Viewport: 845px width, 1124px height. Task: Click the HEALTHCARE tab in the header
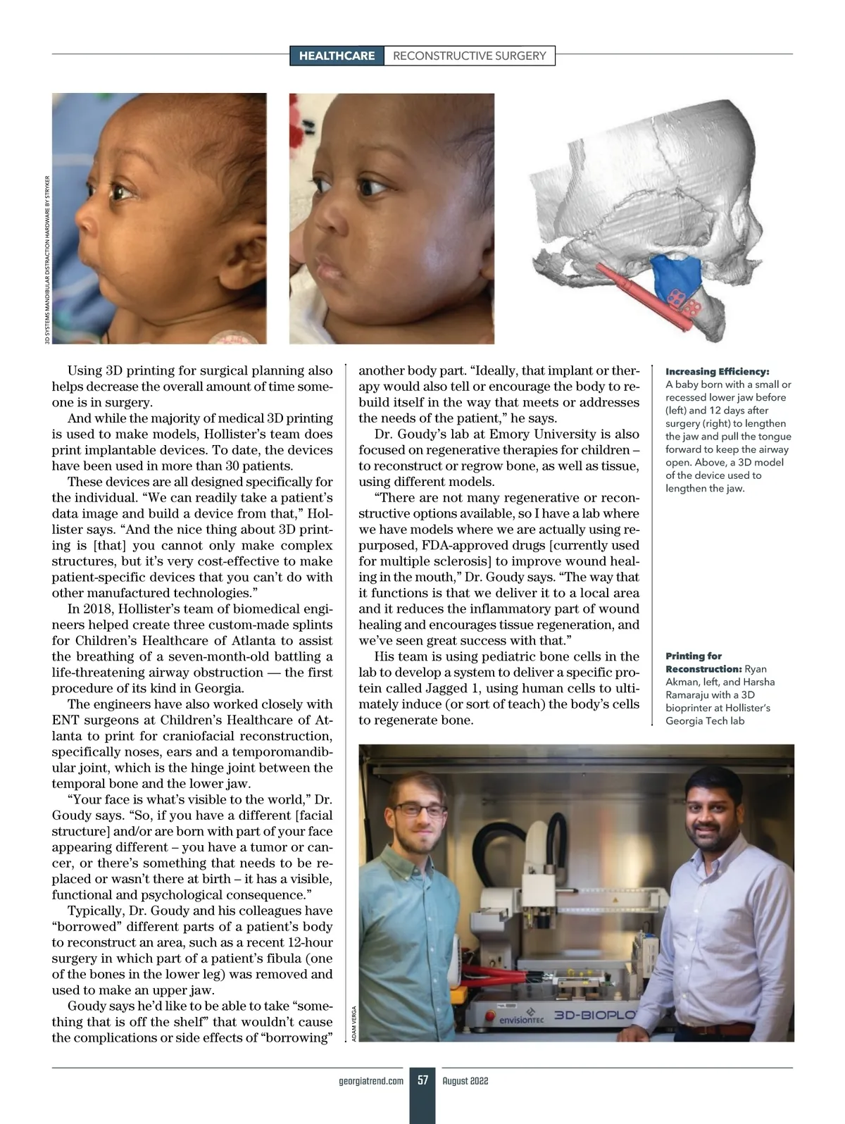coord(337,56)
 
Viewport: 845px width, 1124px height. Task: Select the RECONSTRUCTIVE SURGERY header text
coord(469,56)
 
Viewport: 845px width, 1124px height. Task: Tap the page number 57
coord(423,1080)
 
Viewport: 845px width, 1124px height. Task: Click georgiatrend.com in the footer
coord(371,1080)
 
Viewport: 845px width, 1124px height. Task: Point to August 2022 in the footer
coord(465,1080)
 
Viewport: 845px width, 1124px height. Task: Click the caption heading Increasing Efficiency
coord(717,371)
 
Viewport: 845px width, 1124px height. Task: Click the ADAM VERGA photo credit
coord(353,1023)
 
